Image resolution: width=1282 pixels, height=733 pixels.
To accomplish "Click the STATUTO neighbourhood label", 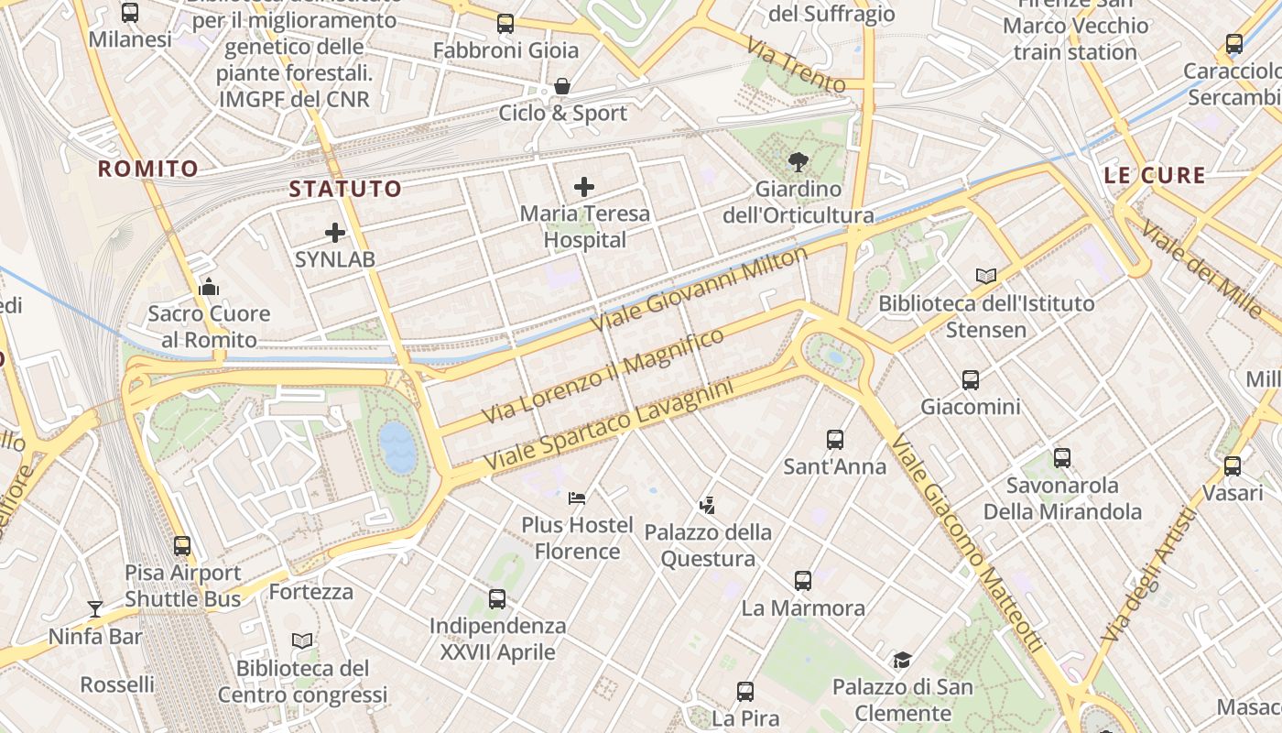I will (x=345, y=190).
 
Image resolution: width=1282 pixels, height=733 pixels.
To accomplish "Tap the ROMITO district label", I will (x=147, y=169).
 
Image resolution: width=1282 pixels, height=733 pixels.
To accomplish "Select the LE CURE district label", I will (x=1154, y=176).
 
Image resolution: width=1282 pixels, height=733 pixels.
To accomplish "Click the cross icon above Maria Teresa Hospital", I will (x=584, y=188).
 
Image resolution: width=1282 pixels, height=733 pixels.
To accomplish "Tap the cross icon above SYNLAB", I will (x=335, y=233).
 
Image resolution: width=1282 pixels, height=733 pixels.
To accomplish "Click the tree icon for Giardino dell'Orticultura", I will (x=799, y=162).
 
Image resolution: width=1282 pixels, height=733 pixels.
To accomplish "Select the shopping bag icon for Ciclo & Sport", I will (x=562, y=87).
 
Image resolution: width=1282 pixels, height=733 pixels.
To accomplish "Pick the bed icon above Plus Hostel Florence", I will (x=577, y=498).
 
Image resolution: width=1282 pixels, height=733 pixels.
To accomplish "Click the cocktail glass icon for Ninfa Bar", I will (x=95, y=608).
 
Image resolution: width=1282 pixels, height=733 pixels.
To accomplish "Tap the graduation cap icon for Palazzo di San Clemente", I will (x=903, y=660).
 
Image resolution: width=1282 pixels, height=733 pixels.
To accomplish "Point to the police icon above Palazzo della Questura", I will (x=707, y=505).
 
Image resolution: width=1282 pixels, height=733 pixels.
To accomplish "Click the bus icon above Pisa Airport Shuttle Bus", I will (x=182, y=546).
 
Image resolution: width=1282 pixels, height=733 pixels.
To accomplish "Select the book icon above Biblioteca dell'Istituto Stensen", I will (x=986, y=276).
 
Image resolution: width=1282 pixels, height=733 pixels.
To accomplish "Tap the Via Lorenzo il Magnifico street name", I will (x=603, y=376).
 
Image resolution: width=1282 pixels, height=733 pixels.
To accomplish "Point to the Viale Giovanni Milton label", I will (x=700, y=290).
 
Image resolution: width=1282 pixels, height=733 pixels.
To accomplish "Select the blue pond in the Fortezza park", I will (x=397, y=447).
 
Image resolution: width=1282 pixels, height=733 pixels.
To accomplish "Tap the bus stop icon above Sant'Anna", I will (x=834, y=440).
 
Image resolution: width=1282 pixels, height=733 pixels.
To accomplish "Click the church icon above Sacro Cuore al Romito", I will (x=209, y=287).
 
